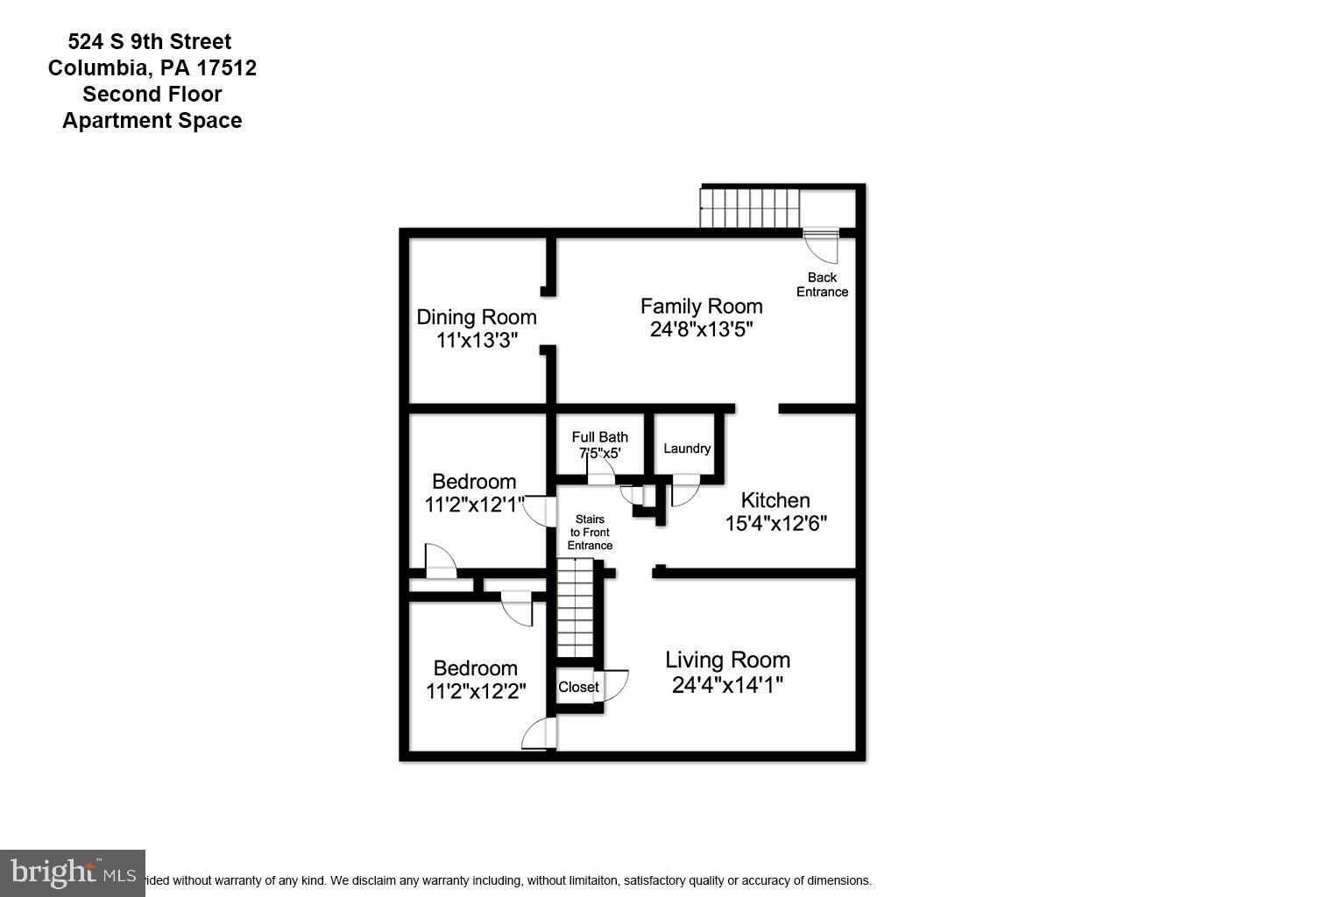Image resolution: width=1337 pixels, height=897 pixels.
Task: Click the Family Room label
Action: [701, 307]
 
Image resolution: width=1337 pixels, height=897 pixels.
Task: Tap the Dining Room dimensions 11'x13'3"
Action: [477, 341]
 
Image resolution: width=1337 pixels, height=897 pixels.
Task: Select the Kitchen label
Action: [775, 500]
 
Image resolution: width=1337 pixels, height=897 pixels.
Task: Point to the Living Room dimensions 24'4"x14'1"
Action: [727, 685]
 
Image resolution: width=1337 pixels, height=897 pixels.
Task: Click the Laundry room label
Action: [687, 448]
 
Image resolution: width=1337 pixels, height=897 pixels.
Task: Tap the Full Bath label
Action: [599, 437]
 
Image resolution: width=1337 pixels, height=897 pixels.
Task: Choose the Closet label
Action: [578, 687]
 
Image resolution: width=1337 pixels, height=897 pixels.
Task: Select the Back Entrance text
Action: [822, 285]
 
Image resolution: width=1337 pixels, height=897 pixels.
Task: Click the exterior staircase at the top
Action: [750, 208]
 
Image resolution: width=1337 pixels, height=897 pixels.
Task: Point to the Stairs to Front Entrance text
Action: [590, 533]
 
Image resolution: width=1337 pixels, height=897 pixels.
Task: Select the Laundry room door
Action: [685, 491]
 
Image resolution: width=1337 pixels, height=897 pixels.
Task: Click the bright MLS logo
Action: [73, 872]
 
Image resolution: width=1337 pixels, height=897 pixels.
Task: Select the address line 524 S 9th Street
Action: [150, 41]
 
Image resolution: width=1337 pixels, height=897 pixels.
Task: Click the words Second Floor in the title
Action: [152, 94]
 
